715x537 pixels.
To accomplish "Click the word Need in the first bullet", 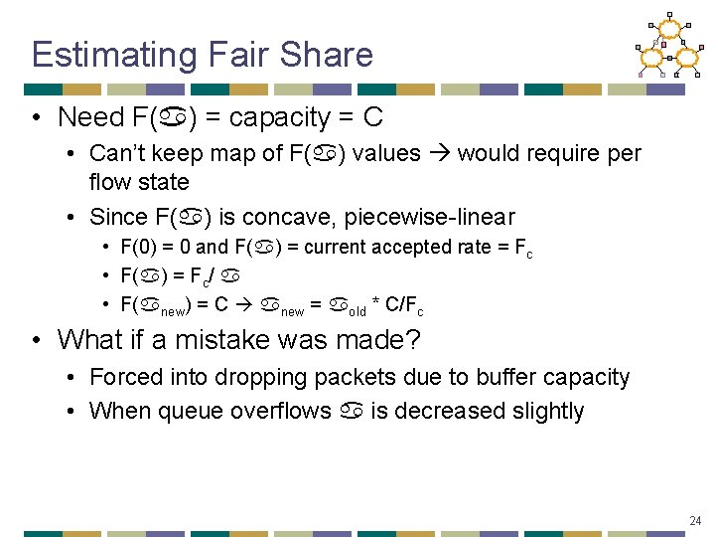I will [91, 117].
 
